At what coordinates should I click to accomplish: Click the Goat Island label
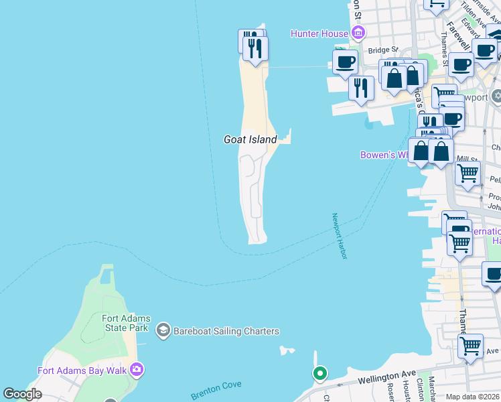click(x=250, y=139)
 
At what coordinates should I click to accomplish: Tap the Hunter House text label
click(x=319, y=33)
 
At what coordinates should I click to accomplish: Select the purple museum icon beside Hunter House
click(x=358, y=33)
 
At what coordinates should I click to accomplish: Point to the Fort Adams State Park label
click(x=126, y=323)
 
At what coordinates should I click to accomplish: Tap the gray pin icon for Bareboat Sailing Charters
click(x=162, y=330)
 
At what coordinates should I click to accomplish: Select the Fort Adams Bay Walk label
click(x=83, y=370)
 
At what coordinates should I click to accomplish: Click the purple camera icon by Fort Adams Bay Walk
click(x=137, y=369)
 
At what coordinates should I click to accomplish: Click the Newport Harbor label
click(x=340, y=237)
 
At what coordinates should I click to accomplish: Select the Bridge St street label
click(x=382, y=50)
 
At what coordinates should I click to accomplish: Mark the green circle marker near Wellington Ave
click(x=320, y=373)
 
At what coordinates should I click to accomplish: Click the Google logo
click(x=22, y=394)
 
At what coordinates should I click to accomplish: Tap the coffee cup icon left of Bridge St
click(x=346, y=62)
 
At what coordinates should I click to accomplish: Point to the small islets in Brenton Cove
click(x=287, y=350)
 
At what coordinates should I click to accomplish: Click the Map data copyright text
click(x=473, y=397)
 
